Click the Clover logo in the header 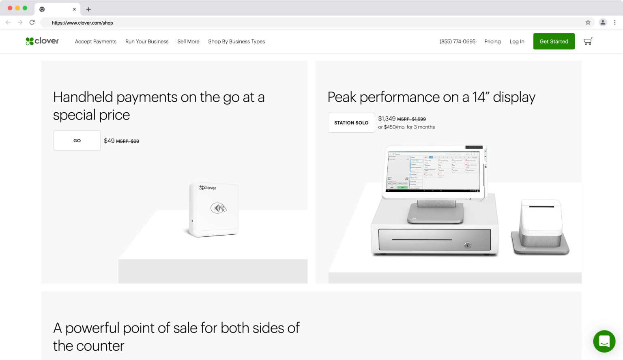click(42, 41)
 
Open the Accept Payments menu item click(95, 41)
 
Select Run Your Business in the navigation click(147, 41)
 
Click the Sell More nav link click(188, 41)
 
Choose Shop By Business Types click(236, 41)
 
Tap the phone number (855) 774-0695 click(458, 41)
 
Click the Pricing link click(492, 41)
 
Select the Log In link click(517, 41)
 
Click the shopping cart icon click(588, 41)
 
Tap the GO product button click(77, 141)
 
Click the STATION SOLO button click(351, 123)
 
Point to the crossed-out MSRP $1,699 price click(411, 119)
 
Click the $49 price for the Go click(109, 141)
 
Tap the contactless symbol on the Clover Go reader click(218, 208)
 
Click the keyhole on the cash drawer click(468, 245)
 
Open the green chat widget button click(604, 341)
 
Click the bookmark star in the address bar click(588, 23)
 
